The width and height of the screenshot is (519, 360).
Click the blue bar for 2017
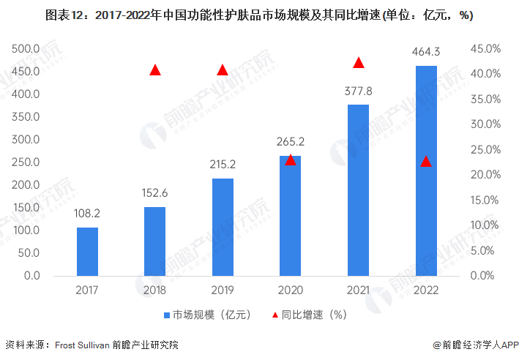tap(87, 251)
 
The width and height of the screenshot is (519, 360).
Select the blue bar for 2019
tap(223, 227)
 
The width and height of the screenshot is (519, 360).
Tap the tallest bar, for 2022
tap(426, 170)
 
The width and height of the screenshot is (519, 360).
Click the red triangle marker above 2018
tap(155, 70)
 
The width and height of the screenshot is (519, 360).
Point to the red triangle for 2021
tap(359, 63)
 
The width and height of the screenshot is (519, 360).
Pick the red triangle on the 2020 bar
tap(291, 160)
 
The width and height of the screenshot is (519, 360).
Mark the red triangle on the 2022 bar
tap(426, 161)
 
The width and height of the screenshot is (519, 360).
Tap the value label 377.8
tap(359, 93)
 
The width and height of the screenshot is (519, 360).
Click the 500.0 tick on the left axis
tap(26, 49)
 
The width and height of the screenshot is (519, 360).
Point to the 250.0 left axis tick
tap(26, 162)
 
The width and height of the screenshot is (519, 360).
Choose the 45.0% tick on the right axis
tap(485, 49)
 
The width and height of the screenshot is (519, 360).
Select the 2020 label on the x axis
tap(291, 290)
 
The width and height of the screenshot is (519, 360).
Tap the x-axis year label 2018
tap(155, 290)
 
